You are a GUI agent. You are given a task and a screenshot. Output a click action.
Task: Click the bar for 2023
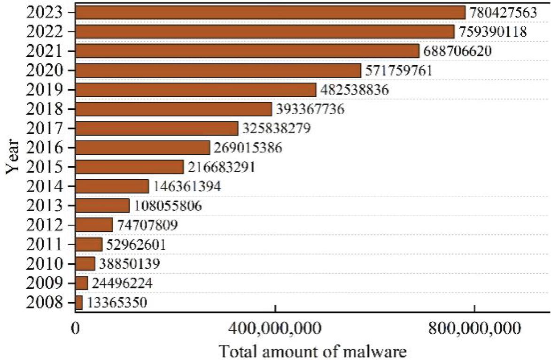click(x=270, y=13)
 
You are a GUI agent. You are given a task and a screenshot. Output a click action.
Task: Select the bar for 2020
click(x=218, y=70)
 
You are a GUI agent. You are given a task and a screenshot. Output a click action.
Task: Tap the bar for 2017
click(x=157, y=128)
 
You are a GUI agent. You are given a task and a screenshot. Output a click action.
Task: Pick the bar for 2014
click(x=112, y=186)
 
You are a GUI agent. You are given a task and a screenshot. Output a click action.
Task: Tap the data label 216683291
click(x=221, y=167)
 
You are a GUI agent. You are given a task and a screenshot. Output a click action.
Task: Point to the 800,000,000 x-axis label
click(x=474, y=327)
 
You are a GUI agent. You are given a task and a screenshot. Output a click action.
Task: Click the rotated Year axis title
click(x=13, y=156)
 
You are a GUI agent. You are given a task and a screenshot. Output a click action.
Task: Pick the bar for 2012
click(x=94, y=225)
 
